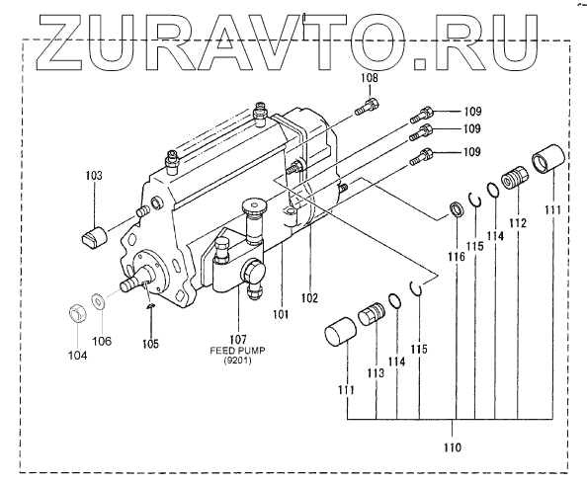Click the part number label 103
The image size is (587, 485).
point(94,175)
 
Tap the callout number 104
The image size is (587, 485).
point(77,356)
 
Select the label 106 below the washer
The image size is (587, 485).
point(102,341)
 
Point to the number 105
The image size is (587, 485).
point(150,344)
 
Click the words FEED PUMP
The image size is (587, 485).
point(238,351)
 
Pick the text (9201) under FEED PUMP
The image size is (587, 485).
point(237,361)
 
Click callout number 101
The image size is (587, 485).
point(281,314)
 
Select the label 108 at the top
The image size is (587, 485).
point(370,78)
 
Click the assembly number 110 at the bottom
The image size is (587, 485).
point(453,447)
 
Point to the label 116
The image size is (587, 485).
point(457,257)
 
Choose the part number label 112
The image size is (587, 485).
point(518,223)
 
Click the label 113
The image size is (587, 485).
point(376,372)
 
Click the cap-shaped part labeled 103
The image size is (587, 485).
point(94,236)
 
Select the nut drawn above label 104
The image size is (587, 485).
point(77,313)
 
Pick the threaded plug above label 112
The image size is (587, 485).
point(515,178)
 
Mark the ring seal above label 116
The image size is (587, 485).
point(456,208)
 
